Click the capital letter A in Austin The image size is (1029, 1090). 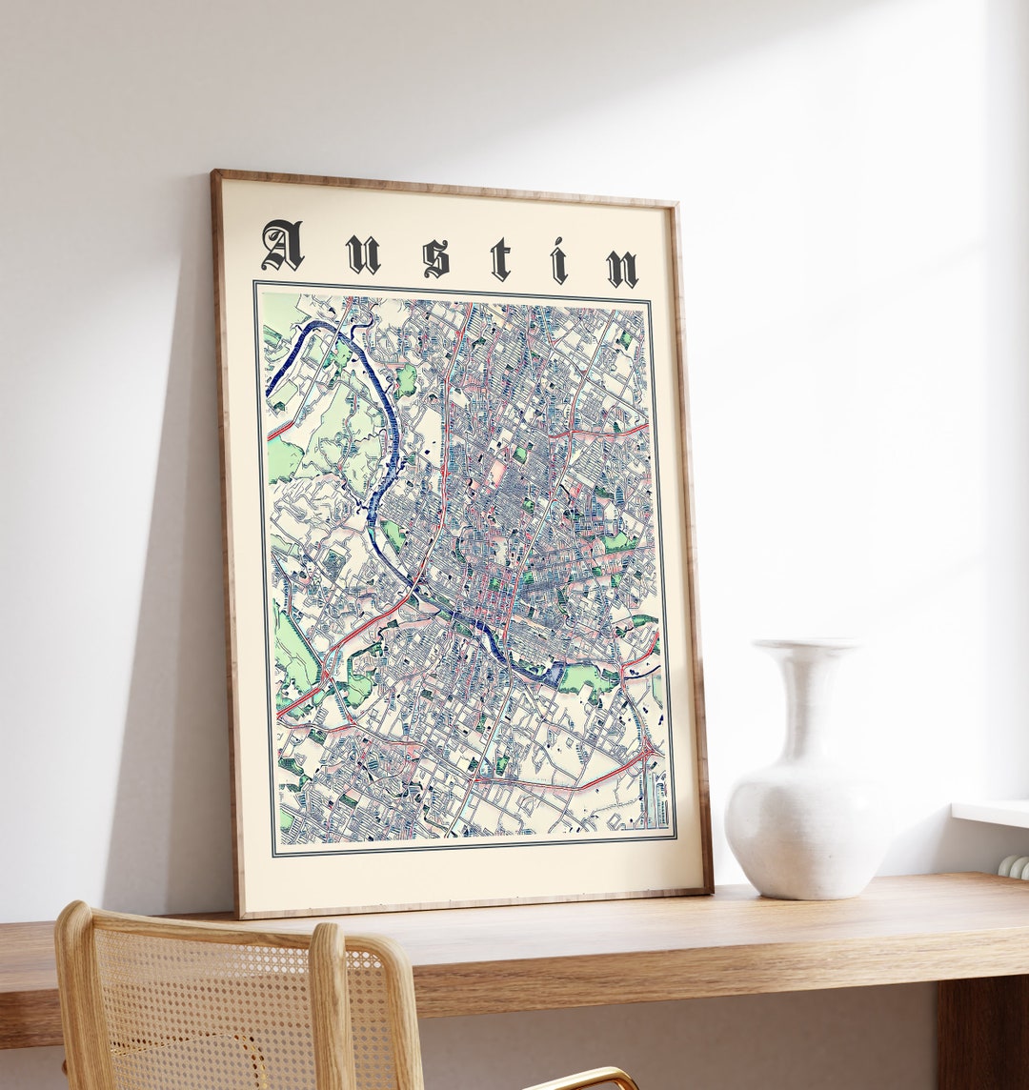tap(282, 246)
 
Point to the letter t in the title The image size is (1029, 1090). tap(500, 259)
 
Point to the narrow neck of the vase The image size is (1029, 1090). tap(807, 696)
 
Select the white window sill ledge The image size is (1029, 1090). tap(991, 813)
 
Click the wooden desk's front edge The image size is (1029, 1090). tap(667, 962)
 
